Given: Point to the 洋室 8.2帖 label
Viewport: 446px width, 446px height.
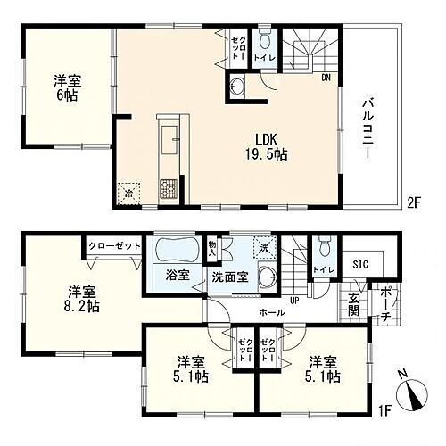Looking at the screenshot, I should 78,297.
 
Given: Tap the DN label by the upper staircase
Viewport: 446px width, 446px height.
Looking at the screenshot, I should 326,78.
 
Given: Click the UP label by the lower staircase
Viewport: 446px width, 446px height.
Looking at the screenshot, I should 293,300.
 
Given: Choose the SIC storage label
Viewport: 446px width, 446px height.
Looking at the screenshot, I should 360,264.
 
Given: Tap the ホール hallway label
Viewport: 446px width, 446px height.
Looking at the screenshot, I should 271,313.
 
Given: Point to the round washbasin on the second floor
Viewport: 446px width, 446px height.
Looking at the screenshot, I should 237,87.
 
